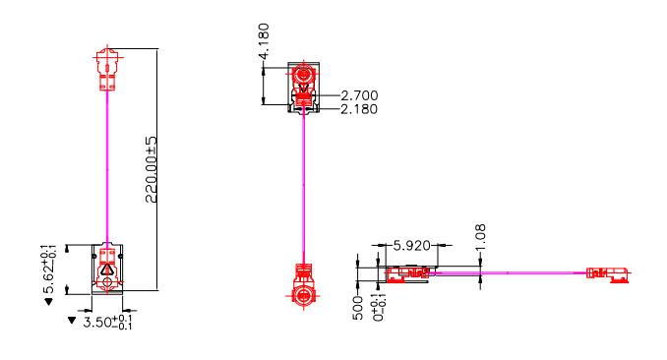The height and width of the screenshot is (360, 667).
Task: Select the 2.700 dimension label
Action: (x=358, y=95)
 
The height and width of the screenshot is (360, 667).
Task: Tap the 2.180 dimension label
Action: (x=358, y=108)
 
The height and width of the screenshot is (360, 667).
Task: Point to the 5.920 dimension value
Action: (x=412, y=245)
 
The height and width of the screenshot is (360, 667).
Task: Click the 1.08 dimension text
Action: (x=480, y=239)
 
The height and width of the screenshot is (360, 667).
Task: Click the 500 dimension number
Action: (x=358, y=308)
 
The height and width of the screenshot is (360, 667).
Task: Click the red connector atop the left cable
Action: (x=106, y=67)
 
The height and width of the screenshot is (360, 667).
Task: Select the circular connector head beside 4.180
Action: (x=304, y=76)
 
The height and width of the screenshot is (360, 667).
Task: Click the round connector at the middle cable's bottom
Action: (x=304, y=293)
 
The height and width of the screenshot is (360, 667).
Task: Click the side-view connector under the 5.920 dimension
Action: (x=405, y=272)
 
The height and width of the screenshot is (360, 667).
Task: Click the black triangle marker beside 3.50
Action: (x=72, y=321)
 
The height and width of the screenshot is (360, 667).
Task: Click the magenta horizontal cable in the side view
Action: (x=512, y=272)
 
